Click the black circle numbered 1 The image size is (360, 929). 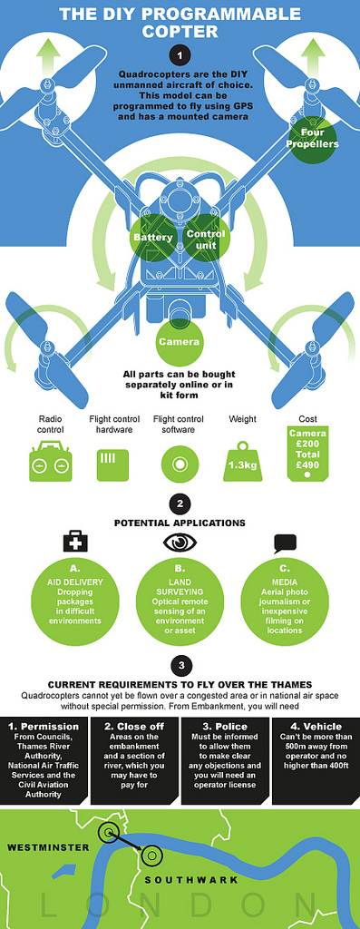pyautogui.click(x=180, y=56)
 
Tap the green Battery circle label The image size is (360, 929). pyautogui.click(x=152, y=238)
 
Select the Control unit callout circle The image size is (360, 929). pyautogui.click(x=206, y=238)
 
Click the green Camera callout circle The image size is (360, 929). pyautogui.click(x=179, y=342)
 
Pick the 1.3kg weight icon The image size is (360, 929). pyautogui.click(x=242, y=460)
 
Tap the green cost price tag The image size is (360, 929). pyautogui.click(x=306, y=453)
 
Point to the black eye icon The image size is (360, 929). pyautogui.click(x=179, y=543)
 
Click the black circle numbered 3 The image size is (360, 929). pyautogui.click(x=180, y=665)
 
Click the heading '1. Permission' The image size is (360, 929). pyautogui.click(x=46, y=727)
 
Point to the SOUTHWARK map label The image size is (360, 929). pyautogui.click(x=191, y=880)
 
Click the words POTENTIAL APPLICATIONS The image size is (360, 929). pyautogui.click(x=180, y=523)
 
